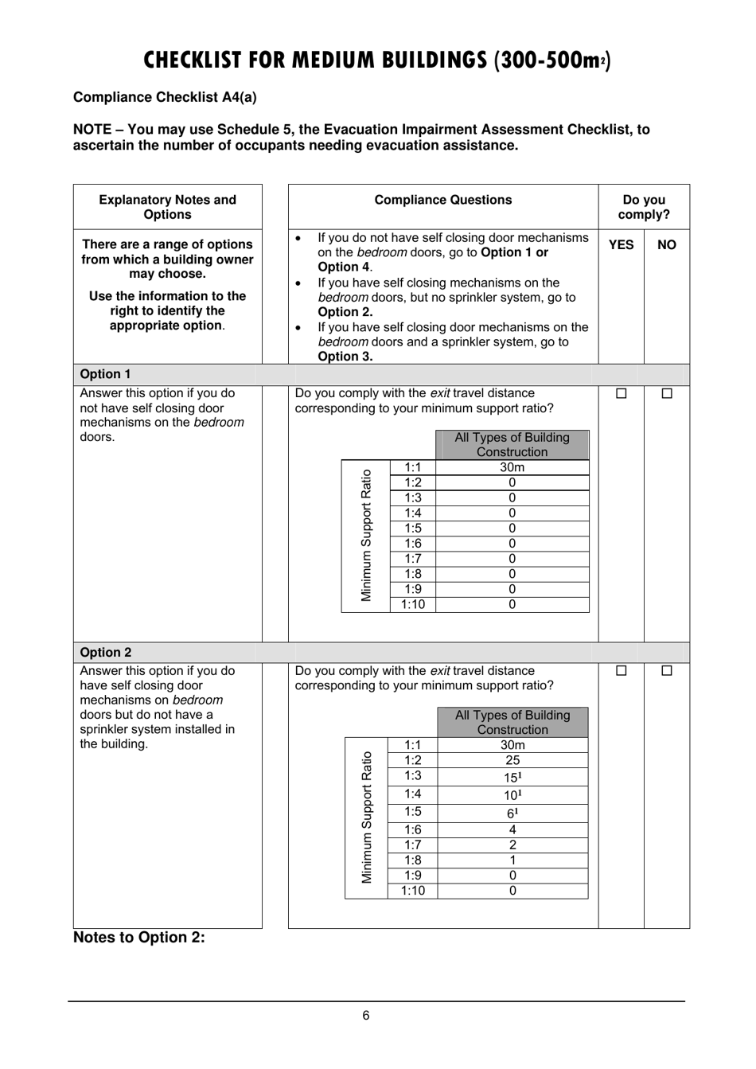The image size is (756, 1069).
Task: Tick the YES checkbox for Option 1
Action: click(622, 393)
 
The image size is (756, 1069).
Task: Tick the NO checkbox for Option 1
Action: click(667, 393)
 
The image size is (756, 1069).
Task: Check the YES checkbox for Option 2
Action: click(622, 671)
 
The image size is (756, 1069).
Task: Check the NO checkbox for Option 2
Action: click(667, 671)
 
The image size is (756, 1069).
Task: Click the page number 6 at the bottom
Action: click(366, 1015)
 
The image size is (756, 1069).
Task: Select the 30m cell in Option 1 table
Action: click(512, 467)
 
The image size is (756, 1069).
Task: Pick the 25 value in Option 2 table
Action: click(512, 760)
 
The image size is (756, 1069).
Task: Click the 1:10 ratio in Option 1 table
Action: click(412, 604)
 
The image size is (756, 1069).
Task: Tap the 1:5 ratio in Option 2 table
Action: click(412, 812)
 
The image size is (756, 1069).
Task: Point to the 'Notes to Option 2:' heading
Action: click(139, 937)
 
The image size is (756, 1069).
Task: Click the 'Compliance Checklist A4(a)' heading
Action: click(165, 97)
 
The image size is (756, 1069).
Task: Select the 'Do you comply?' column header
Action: click(644, 207)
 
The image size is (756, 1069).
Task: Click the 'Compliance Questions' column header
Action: click(443, 200)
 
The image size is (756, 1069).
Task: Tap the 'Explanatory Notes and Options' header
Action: click(167, 207)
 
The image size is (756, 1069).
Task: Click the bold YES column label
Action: click(622, 244)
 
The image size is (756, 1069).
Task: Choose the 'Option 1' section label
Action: click(106, 374)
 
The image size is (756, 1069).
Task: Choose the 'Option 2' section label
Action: click(106, 652)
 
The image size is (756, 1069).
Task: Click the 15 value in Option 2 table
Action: click(512, 777)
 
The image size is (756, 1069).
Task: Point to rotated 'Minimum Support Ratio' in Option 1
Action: click(366, 536)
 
